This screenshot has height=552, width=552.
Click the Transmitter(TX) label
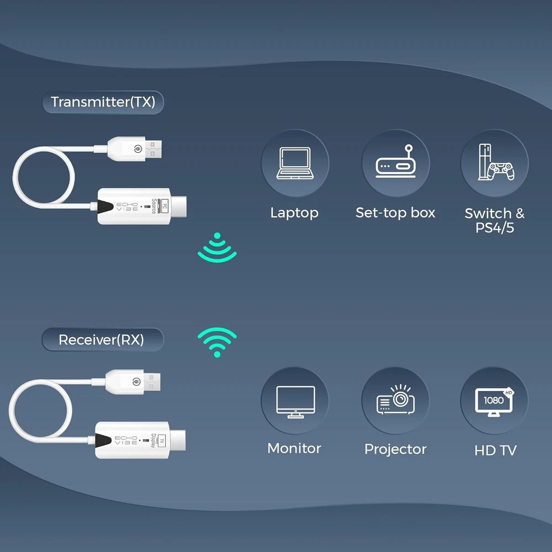point(103,102)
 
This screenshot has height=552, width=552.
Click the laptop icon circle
point(295,163)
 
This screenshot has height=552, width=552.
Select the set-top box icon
point(395,163)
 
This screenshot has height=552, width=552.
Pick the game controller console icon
point(494,163)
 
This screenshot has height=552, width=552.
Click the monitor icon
point(295,401)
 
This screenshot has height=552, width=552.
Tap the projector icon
point(395,401)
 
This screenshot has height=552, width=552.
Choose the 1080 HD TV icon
point(494,401)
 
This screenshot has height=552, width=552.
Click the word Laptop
point(294,213)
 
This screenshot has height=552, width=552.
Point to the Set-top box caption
point(395,213)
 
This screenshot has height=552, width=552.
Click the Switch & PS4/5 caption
point(494,220)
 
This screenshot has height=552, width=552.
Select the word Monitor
point(294,448)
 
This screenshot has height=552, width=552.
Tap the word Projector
point(395,449)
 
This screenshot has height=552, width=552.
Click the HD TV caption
point(495,450)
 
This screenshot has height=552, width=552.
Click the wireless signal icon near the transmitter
point(217,248)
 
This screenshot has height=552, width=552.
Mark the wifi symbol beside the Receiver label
point(217,342)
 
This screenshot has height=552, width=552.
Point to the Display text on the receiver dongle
point(153,441)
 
